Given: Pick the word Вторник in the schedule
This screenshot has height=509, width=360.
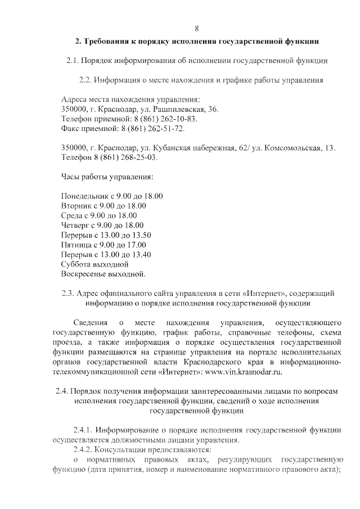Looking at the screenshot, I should (75, 206).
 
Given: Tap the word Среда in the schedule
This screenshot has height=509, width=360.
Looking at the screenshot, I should (71, 216).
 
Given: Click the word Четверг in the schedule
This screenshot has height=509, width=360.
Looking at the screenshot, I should (75, 226).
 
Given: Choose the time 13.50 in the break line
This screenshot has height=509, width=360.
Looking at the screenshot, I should (141, 236).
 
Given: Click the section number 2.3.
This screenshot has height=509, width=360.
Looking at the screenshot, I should (67, 294).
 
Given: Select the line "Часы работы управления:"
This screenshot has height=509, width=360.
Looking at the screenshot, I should (107, 177).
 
